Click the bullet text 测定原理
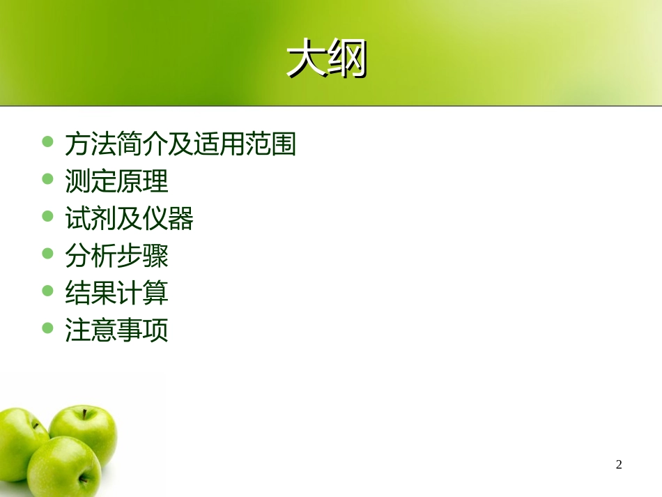116,182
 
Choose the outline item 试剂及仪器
129,220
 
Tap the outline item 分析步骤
116,257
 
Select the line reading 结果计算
116,293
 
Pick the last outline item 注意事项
116,330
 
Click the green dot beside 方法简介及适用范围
48,142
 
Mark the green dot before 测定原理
48,179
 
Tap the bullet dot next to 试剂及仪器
48,216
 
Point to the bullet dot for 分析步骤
48,253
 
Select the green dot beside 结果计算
48,290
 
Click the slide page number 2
619,465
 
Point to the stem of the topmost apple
85,413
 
